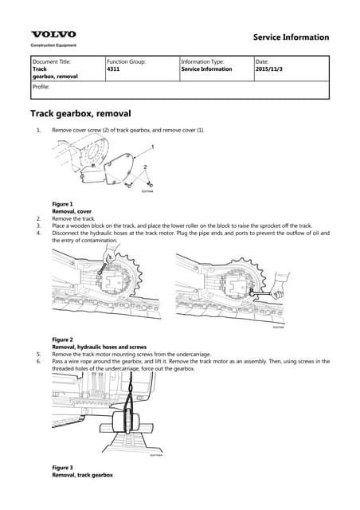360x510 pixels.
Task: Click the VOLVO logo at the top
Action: pos(53,34)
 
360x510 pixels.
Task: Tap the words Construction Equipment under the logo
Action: pos(53,45)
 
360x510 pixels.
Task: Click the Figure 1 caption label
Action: pos(62,204)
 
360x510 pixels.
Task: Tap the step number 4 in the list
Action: pos(37,233)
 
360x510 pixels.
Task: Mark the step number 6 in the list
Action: pos(37,362)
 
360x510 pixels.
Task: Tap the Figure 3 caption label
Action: pos(62,467)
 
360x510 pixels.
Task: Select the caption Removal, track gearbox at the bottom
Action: pos(82,475)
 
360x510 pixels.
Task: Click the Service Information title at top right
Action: pos(290,37)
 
